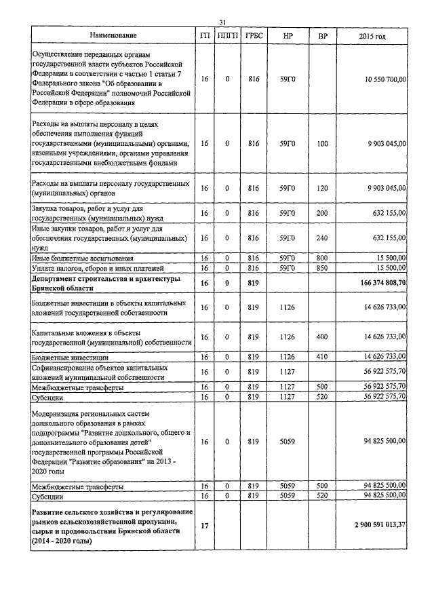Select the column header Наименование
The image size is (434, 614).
click(x=113, y=35)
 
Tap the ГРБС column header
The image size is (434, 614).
click(x=254, y=35)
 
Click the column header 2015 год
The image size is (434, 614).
click(x=372, y=35)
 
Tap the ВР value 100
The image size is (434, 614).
click(x=322, y=144)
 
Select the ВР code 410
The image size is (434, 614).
click(x=322, y=356)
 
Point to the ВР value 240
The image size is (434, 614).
click(x=322, y=238)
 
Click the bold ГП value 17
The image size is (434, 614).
click(x=204, y=526)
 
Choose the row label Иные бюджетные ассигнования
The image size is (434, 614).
click(x=83, y=258)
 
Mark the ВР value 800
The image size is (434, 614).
click(x=322, y=258)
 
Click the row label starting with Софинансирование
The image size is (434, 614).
click(x=99, y=367)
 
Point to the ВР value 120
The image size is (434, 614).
click(x=322, y=188)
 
